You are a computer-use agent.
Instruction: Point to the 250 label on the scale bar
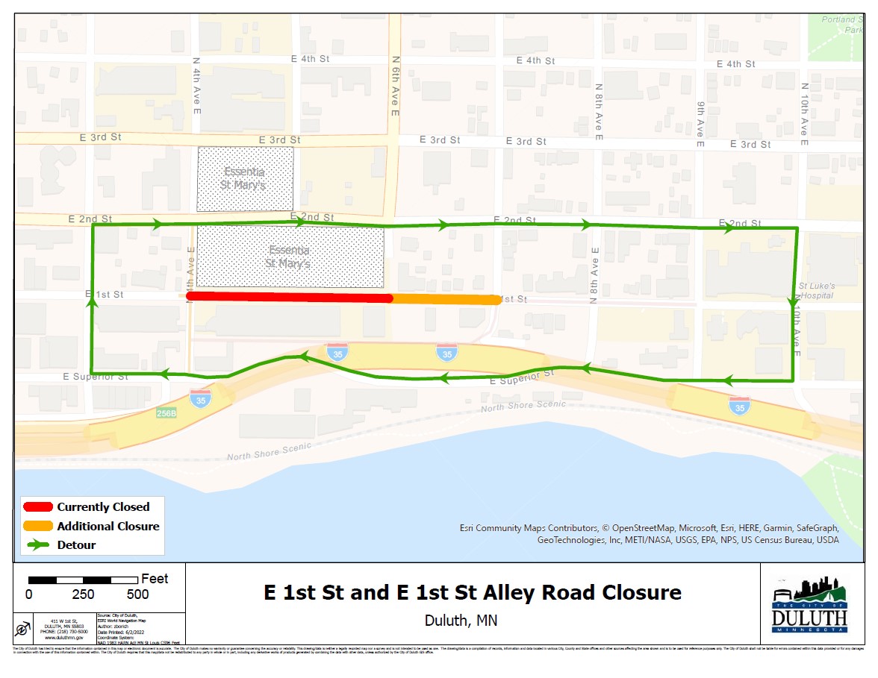coord(83,594)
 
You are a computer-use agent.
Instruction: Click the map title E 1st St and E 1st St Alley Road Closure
coord(473,593)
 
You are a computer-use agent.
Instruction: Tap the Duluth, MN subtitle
coord(461,621)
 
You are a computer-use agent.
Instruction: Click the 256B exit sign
coord(166,412)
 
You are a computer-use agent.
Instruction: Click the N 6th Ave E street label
coord(395,85)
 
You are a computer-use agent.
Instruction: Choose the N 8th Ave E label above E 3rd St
coord(599,112)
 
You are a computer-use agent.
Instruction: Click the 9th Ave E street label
coord(700,124)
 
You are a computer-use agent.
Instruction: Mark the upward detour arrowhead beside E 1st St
coord(93,302)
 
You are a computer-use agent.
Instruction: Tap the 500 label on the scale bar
coord(138,594)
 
